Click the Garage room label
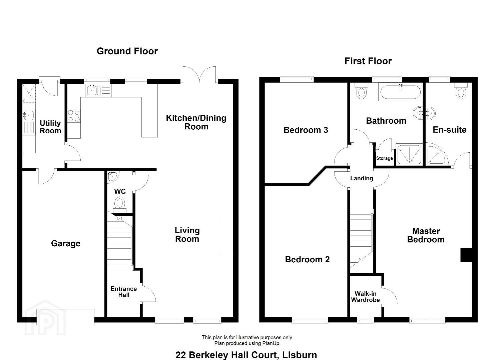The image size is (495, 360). (66, 244)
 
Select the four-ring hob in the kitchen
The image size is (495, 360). (74, 116)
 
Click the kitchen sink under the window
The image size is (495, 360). (98, 91)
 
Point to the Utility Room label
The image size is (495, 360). (50, 127)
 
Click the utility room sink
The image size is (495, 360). (29, 115)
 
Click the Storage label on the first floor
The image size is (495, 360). (384, 158)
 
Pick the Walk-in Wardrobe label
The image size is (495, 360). (365, 297)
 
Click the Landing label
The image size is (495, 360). (362, 178)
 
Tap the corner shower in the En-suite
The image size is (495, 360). (437, 154)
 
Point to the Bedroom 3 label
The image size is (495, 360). (306, 130)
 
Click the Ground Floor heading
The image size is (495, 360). (127, 51)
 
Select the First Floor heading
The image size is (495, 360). (368, 61)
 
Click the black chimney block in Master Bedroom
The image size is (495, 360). (466, 255)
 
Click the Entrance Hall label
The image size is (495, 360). (123, 292)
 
